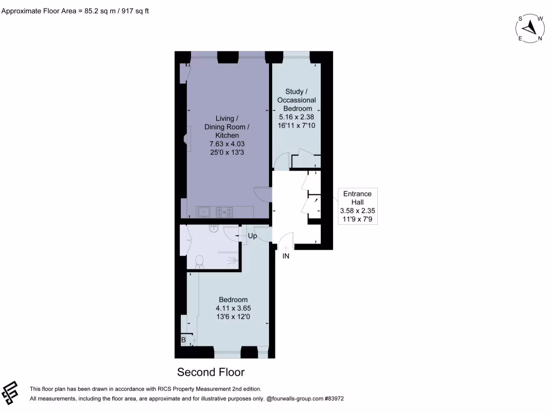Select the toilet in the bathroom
(x=200, y=262)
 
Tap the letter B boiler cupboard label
(x=183, y=340)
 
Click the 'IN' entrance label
(x=286, y=256)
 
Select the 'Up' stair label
(x=252, y=236)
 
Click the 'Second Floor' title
(x=211, y=372)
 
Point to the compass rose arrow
(x=531, y=26)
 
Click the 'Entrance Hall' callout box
(x=357, y=206)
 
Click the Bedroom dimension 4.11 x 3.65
(x=233, y=308)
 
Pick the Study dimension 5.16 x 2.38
(x=296, y=117)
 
